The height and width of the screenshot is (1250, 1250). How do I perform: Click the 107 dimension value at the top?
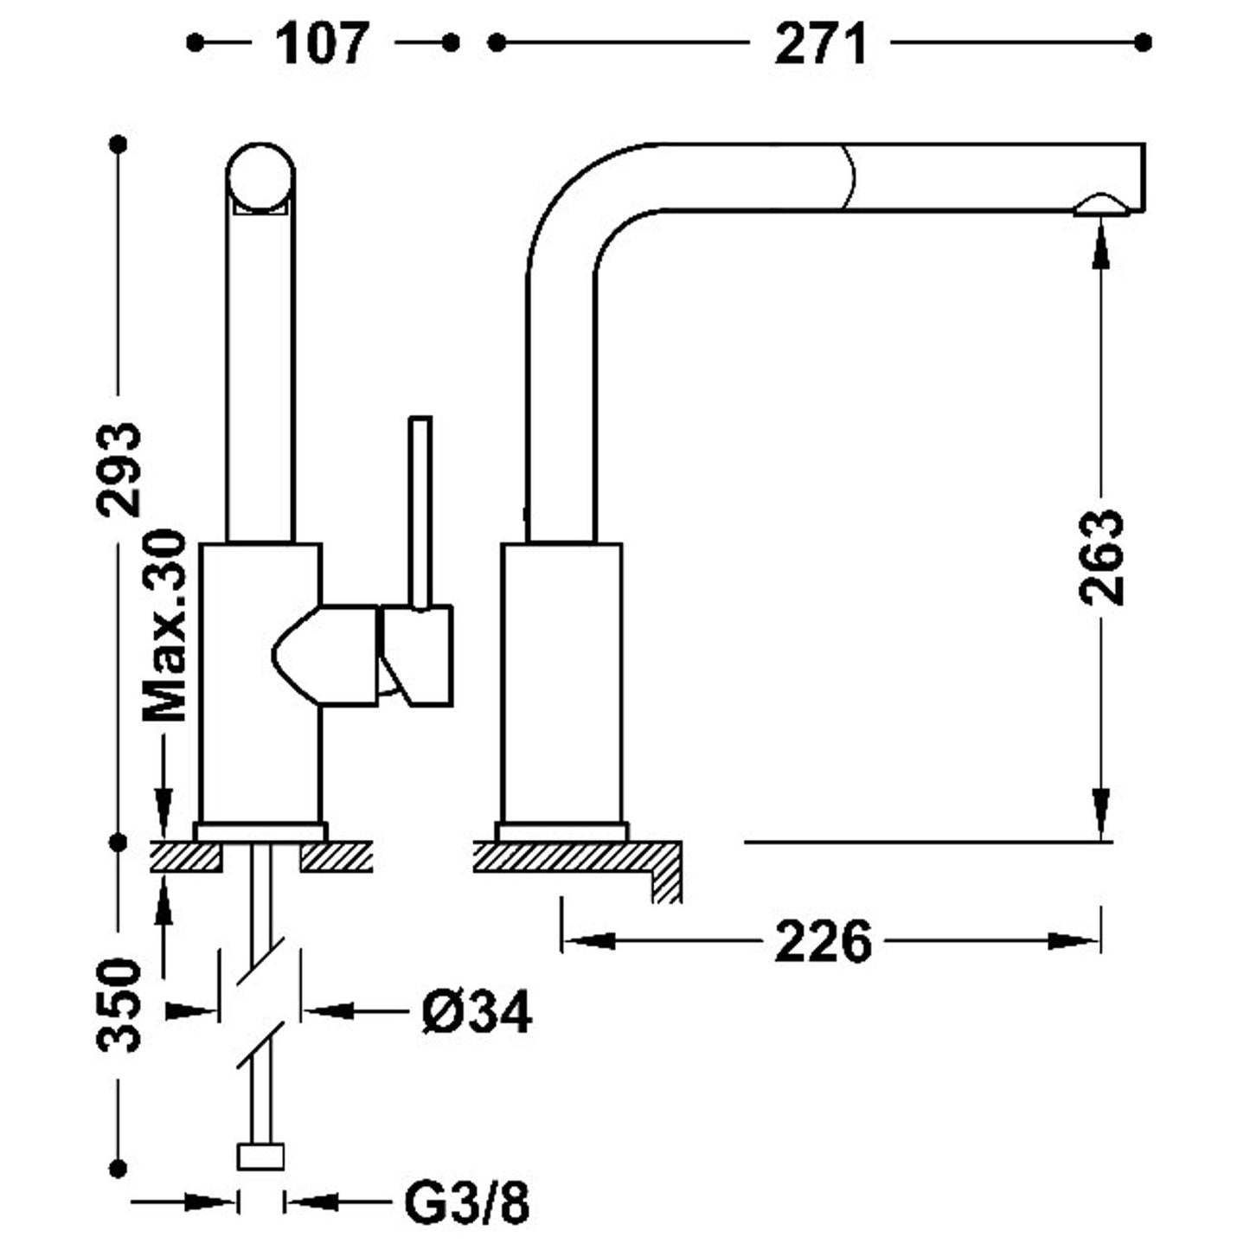pos(323,43)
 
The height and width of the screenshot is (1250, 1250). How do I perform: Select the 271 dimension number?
pos(821,43)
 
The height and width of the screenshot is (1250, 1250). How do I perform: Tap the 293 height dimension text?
pos(119,470)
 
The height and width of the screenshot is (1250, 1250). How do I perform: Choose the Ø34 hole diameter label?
pos(477,1011)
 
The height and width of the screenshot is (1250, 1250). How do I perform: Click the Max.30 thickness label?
pos(164,625)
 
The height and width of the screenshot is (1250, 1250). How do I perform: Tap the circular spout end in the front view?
pos(260,177)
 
